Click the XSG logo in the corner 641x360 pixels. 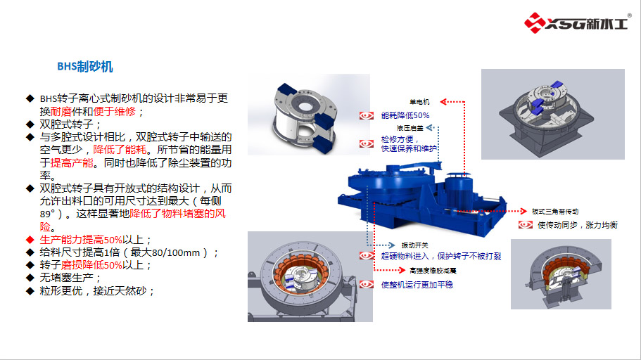[x=576, y=22]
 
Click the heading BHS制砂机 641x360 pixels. [x=85, y=67]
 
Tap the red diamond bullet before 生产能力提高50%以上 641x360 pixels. [x=30, y=240]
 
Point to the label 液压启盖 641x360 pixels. [x=410, y=129]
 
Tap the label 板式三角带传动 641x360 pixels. [x=555, y=212]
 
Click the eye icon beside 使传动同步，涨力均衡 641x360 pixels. [x=525, y=225]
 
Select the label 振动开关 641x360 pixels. [x=414, y=244]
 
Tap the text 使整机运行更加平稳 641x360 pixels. [x=416, y=285]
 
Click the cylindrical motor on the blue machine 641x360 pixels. [x=464, y=189]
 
